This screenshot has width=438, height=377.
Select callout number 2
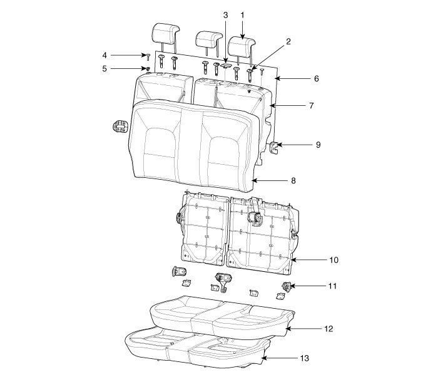(x=288, y=41)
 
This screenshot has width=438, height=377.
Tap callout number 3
(x=225, y=14)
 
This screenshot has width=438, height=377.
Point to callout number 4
(x=105, y=55)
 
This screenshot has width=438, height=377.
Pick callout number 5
(x=105, y=68)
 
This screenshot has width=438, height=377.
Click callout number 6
(x=317, y=79)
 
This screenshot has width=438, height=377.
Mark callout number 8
(x=293, y=180)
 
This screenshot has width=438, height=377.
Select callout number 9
(x=318, y=145)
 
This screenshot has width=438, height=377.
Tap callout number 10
(x=334, y=259)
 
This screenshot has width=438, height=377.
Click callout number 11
(x=332, y=286)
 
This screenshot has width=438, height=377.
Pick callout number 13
(x=304, y=358)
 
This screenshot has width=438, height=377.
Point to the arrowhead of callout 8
(x=252, y=180)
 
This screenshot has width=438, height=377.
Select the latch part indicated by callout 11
(x=287, y=287)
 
